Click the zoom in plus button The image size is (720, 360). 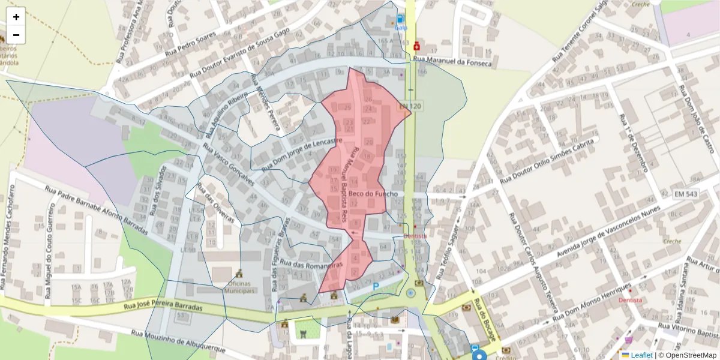pyautogui.click(x=16, y=17)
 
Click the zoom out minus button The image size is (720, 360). pyautogui.click(x=16, y=35)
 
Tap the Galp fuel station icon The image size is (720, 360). pyautogui.click(x=400, y=20)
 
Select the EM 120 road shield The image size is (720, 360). pyautogui.click(x=410, y=106)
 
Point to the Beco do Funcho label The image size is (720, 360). pyautogui.click(x=373, y=194)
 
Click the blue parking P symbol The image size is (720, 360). pyautogui.click(x=376, y=287)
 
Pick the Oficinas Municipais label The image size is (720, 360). pyautogui.click(x=240, y=287)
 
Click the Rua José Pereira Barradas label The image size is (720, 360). pyautogui.click(x=163, y=306)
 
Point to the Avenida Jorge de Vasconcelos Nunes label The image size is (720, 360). pyautogui.click(x=609, y=233)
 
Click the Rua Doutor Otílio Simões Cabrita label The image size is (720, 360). pyautogui.click(x=548, y=160)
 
